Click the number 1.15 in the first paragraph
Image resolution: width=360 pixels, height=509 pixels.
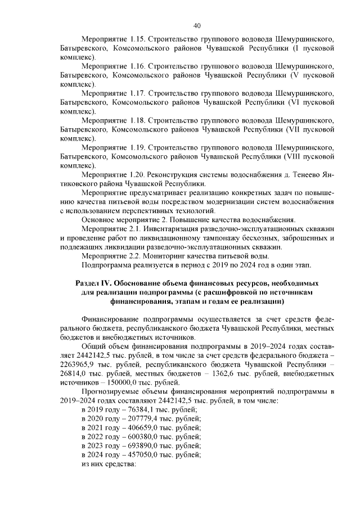(x=137, y=40)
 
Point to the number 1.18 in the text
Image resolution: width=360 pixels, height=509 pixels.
(x=137, y=120)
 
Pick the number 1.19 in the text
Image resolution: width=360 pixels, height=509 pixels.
(x=137, y=147)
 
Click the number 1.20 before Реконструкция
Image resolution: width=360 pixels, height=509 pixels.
(x=137, y=174)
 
